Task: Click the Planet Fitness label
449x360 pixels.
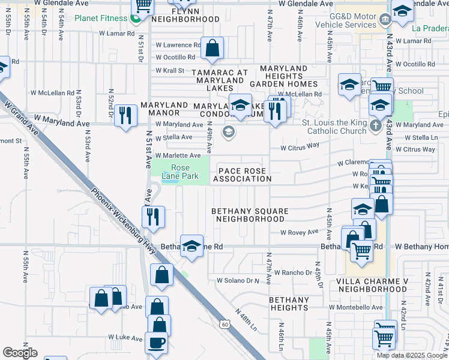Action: pyautogui.click(x=101, y=18)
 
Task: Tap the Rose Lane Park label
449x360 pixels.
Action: pyautogui.click(x=181, y=172)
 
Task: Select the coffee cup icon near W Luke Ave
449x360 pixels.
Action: pyautogui.click(x=156, y=343)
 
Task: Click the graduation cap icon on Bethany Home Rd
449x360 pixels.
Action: pyautogui.click(x=191, y=246)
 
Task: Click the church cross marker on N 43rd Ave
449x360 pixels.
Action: pyautogui.click(x=376, y=125)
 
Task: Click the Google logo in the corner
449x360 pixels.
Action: pyautogui.click(x=20, y=353)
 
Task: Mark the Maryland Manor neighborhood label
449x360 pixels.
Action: pyautogui.click(x=160, y=109)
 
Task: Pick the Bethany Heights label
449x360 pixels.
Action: pyautogui.click(x=289, y=303)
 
